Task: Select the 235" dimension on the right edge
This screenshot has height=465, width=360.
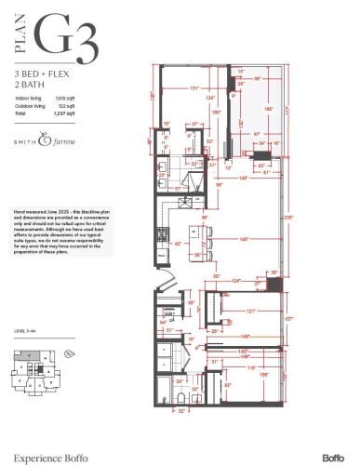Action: click(289, 217)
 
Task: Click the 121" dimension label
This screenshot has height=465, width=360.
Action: click(249, 311)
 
